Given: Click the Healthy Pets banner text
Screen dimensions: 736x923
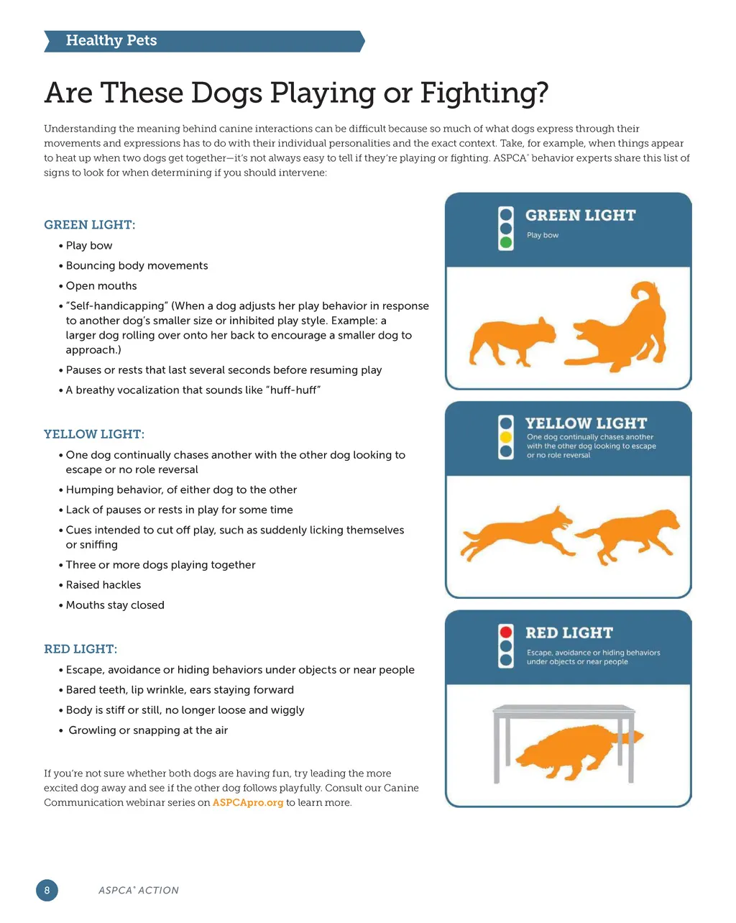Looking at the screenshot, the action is (111, 40).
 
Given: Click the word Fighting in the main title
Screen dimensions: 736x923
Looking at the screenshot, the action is (484, 93).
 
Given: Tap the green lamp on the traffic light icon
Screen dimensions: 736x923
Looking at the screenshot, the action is (506, 242).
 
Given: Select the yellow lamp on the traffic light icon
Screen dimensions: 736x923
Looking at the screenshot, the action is (506, 437).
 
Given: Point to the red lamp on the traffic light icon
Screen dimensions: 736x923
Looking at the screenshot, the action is (506, 632).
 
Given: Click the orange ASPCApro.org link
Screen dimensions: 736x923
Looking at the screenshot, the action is (248, 802).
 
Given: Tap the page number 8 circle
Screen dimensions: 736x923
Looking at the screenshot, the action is (47, 890).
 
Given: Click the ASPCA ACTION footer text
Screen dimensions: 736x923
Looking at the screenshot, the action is (139, 891).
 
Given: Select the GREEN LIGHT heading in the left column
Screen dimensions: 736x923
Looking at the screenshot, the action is (90, 225).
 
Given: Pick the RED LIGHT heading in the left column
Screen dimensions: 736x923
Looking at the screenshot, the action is (80, 649).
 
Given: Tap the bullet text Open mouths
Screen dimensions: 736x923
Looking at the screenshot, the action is (101, 285).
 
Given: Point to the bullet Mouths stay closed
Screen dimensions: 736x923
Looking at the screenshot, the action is (115, 605).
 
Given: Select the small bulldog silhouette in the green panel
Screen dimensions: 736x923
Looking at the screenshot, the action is (512, 341).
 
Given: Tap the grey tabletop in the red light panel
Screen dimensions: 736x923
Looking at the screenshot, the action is (563, 709).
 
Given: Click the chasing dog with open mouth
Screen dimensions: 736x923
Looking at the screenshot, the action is (517, 533).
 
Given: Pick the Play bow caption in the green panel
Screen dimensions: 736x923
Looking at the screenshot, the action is (543, 235).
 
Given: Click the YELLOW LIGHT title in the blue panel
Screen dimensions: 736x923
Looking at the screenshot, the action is (586, 423).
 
